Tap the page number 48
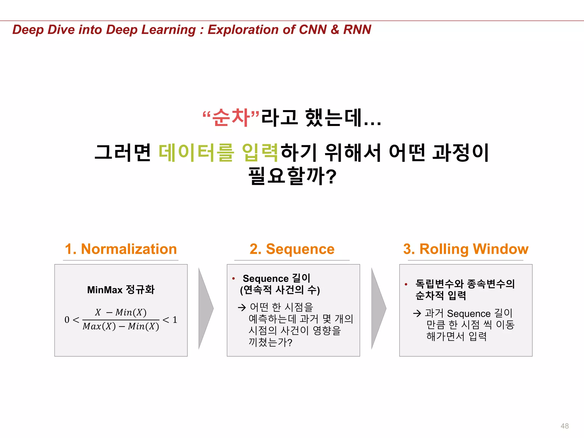(x=564, y=426)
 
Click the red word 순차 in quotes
(x=231, y=117)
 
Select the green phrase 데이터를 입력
(x=218, y=153)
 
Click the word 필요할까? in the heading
(x=292, y=176)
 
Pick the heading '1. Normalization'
(x=121, y=249)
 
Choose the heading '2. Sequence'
(x=292, y=249)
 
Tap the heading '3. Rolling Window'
(x=466, y=249)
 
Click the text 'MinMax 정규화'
(x=121, y=290)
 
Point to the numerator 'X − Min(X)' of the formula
(x=121, y=312)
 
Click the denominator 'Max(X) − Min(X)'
(x=121, y=327)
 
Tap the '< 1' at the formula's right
(x=170, y=320)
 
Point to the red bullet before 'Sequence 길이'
(x=234, y=278)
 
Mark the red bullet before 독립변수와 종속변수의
(x=406, y=284)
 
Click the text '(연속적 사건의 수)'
(x=280, y=290)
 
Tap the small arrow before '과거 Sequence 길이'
(x=417, y=313)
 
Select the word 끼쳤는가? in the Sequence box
(x=270, y=342)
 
